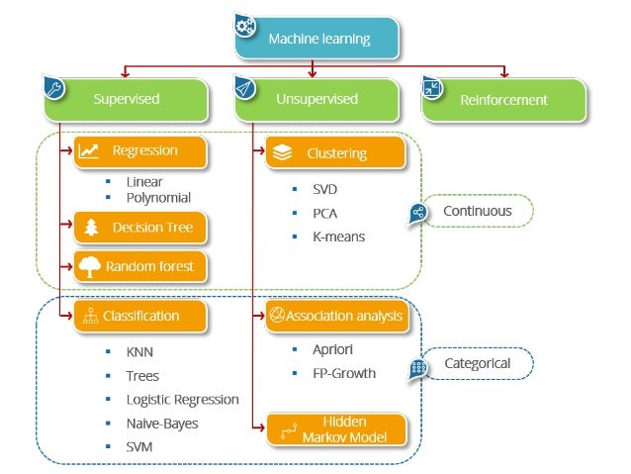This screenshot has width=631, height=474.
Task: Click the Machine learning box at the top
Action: [x=318, y=39]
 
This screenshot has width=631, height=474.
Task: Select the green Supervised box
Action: [x=126, y=100]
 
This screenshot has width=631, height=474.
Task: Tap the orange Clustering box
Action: [x=336, y=153]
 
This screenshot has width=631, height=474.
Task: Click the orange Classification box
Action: [x=141, y=317]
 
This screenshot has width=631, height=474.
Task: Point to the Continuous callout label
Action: [x=477, y=211]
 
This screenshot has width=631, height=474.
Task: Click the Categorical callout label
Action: [x=476, y=364]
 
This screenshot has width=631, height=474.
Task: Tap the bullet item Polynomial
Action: [x=158, y=199]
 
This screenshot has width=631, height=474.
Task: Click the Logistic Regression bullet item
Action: [x=183, y=400]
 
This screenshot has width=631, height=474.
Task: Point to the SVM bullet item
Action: [x=139, y=447]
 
